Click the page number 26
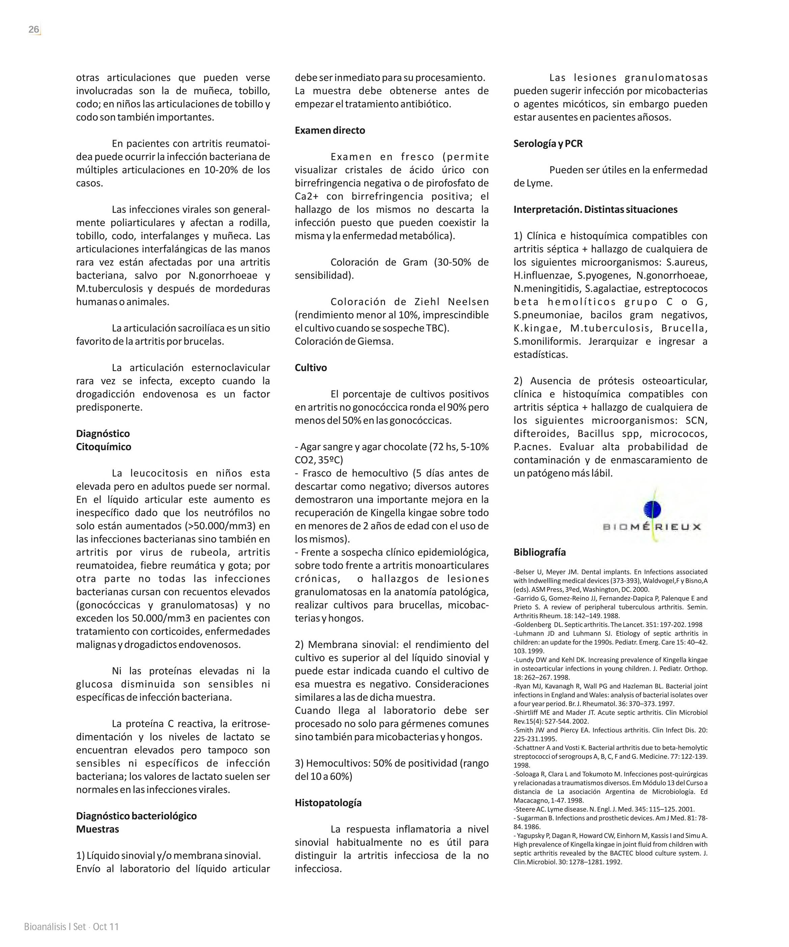point(34,29)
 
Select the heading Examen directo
point(330,130)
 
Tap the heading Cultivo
point(311,368)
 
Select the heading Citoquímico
point(103,447)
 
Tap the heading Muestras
point(97,829)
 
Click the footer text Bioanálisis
point(45,927)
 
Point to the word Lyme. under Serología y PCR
point(539,184)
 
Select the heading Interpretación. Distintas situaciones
point(595,209)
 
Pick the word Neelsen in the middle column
point(469,302)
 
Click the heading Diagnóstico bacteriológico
point(136,816)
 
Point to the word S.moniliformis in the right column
point(547,341)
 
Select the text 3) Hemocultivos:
point(332,763)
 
